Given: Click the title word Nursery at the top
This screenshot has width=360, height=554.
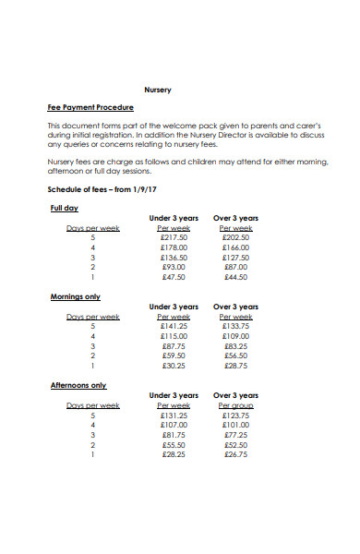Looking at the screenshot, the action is click(159, 90).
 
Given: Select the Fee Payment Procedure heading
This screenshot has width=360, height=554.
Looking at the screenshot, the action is click(90, 108).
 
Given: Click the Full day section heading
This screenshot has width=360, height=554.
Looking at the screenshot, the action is click(64, 209).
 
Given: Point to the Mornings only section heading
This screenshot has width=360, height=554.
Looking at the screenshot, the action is click(75, 296).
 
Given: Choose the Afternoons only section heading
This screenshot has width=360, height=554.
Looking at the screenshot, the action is click(78, 385).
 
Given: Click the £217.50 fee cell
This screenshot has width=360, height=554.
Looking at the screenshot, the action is click(174, 237).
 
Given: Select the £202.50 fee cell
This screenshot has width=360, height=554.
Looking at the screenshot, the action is click(235, 237).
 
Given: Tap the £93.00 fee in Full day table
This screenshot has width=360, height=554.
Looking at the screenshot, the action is click(174, 266).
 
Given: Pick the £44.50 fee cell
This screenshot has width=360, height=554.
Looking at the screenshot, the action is click(236, 276).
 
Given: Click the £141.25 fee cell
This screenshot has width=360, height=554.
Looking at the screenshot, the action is click(174, 326).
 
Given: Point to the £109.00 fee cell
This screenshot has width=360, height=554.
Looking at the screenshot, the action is click(235, 336).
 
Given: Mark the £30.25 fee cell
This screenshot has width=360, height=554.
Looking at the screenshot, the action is click(174, 365).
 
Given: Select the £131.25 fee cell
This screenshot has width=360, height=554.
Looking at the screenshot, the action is click(174, 415).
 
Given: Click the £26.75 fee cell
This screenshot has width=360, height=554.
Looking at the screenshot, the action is click(236, 453).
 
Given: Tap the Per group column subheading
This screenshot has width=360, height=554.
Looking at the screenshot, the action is click(235, 405).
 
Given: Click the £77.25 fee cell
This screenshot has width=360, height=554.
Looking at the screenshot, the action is click(236, 434).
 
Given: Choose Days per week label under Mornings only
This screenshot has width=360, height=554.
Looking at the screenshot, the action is click(92, 317).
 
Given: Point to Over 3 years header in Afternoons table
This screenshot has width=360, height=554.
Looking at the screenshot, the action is click(235, 395).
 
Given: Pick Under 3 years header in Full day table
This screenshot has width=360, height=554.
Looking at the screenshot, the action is click(174, 218).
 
